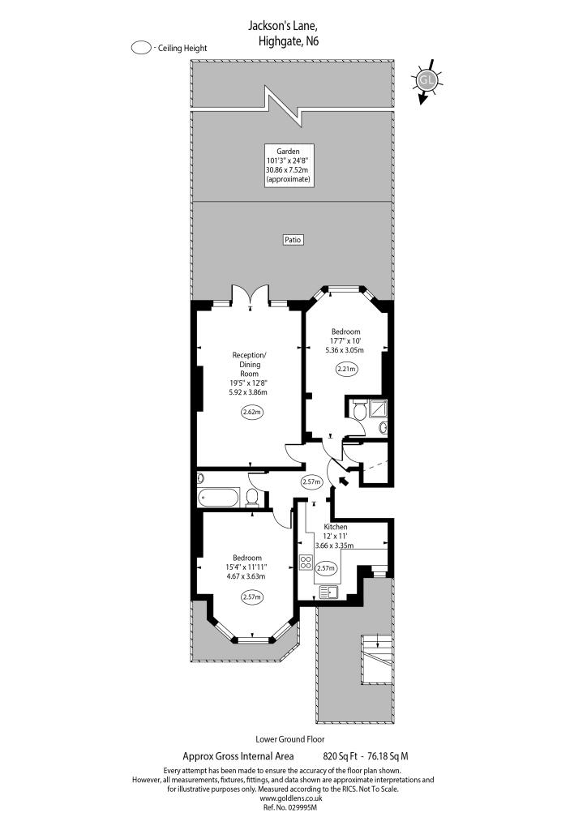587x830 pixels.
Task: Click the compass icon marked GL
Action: [x=426, y=79]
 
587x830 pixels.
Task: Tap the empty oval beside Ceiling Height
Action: [x=141, y=48]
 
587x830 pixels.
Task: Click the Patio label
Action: [x=292, y=239]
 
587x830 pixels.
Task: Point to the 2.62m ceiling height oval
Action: [x=253, y=413]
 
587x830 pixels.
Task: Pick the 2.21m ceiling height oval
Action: [x=347, y=369]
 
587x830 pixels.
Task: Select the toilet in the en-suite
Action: [x=359, y=412]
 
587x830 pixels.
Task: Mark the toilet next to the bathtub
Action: [x=252, y=497]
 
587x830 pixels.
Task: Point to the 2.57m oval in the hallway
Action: [x=312, y=481]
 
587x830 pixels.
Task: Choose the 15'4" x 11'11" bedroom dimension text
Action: [x=246, y=567]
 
